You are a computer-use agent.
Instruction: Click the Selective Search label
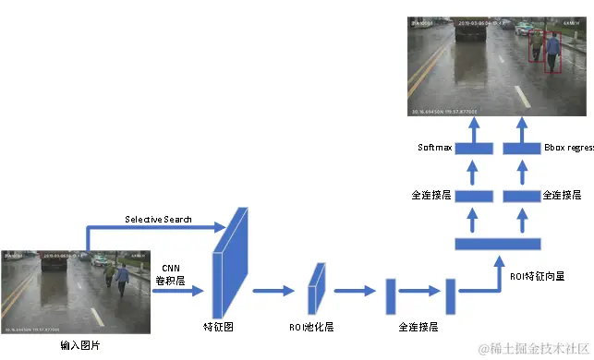click(x=159, y=219)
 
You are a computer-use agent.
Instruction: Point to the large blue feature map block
click(x=231, y=263)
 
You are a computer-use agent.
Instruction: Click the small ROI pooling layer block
click(x=317, y=287)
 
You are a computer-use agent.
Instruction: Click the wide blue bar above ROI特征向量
click(x=498, y=243)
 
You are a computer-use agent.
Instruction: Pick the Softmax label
click(x=434, y=148)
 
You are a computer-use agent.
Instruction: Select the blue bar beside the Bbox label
click(x=522, y=148)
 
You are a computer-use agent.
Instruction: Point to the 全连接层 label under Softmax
click(x=430, y=195)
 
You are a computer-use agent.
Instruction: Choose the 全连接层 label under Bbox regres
click(x=563, y=195)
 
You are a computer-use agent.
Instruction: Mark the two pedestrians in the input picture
click(x=116, y=277)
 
